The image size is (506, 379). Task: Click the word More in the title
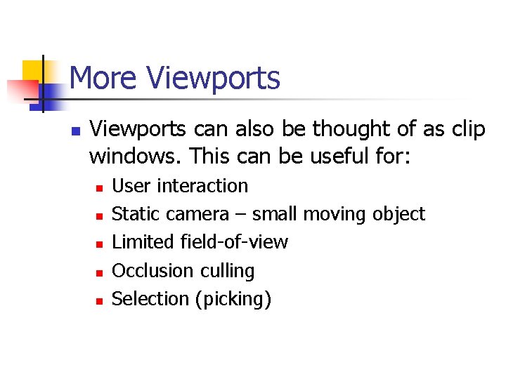[103, 78]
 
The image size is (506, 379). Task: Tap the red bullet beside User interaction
[99, 188]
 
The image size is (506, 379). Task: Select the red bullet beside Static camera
[99, 216]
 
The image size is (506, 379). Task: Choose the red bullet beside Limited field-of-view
[99, 244]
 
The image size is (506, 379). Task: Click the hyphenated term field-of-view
[234, 243]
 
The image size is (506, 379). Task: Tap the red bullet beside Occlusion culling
[99, 272]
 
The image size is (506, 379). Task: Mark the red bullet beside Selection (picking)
[99, 300]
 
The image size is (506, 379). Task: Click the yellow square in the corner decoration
[32, 71]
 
